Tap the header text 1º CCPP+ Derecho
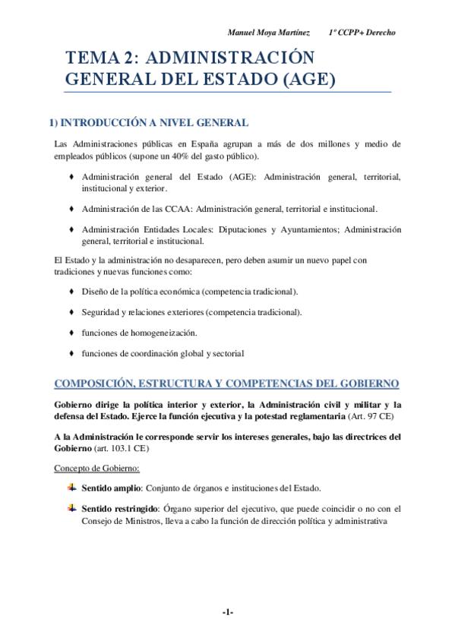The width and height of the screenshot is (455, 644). [x=362, y=33]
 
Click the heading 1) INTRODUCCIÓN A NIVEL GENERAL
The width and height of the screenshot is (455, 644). [x=148, y=122]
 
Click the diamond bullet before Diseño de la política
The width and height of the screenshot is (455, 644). [x=71, y=292]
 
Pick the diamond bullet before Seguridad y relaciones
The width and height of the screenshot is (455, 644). [x=71, y=312]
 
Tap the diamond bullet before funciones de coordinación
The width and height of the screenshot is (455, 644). [x=71, y=353]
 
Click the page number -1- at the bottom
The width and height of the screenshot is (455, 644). [x=227, y=612]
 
